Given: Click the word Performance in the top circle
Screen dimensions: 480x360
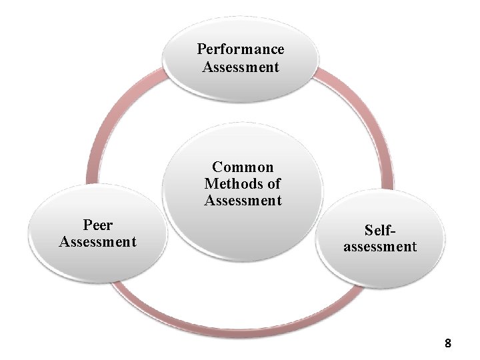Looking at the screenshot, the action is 241,49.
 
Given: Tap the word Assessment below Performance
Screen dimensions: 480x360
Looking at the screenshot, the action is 241,67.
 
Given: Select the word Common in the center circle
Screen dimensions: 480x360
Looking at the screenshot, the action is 243,167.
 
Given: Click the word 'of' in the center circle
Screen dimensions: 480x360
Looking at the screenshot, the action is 273,183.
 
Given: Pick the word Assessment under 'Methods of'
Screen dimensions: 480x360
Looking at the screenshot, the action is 243,200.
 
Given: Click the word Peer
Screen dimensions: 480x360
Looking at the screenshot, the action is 97,225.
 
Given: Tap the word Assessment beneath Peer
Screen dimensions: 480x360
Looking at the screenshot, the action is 97,241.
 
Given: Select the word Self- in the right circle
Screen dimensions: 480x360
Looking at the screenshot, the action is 380,230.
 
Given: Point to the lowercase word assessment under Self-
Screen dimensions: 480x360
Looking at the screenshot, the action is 380,247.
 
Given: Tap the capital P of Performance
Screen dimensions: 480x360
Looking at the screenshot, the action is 201,49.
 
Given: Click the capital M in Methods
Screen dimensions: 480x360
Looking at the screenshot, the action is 210,183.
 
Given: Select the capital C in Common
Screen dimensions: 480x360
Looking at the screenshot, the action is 217,167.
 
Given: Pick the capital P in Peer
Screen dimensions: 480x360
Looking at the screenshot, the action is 87,225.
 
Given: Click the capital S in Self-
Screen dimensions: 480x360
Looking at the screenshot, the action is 368,230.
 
